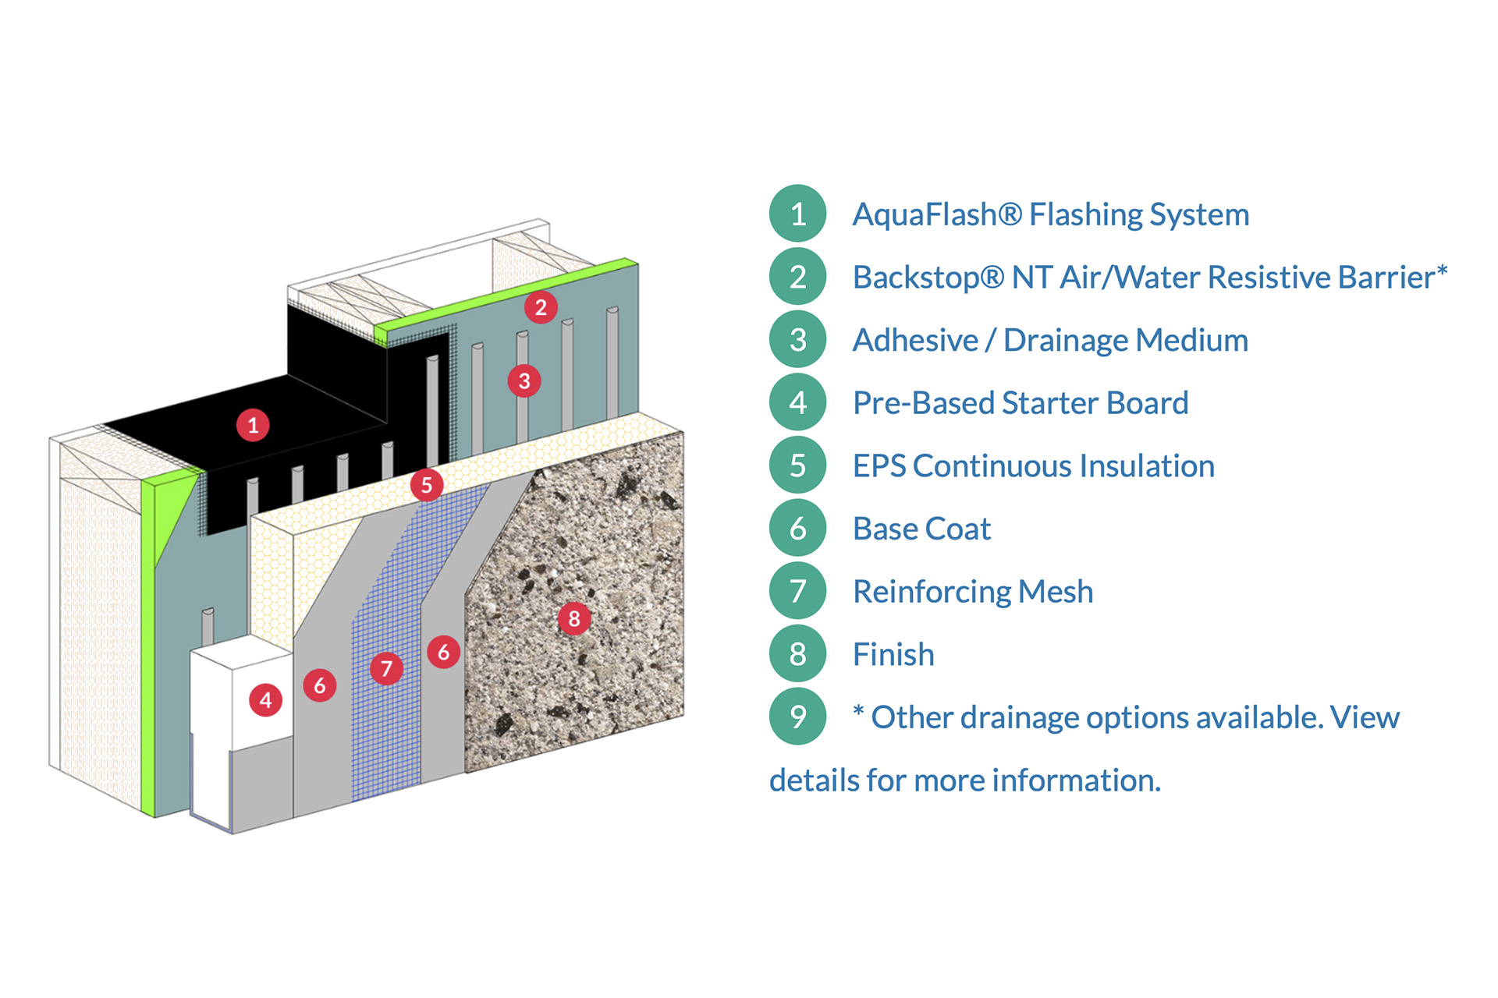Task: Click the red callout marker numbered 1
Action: pos(253,426)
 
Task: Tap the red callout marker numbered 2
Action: pos(541,307)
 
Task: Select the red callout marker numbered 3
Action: pos(524,381)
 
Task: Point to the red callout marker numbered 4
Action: pos(265,700)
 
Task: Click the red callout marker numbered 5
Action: pos(427,485)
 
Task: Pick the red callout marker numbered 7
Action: pos(386,668)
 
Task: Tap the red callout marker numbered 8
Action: pos(574,619)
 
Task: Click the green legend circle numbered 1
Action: pos(797,214)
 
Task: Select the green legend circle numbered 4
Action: pos(797,402)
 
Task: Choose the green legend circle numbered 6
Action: pos(797,529)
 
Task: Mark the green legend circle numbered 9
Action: pos(797,717)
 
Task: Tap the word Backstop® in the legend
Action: pos(928,278)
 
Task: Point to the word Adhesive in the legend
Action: pos(915,341)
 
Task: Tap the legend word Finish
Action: pos(893,655)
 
